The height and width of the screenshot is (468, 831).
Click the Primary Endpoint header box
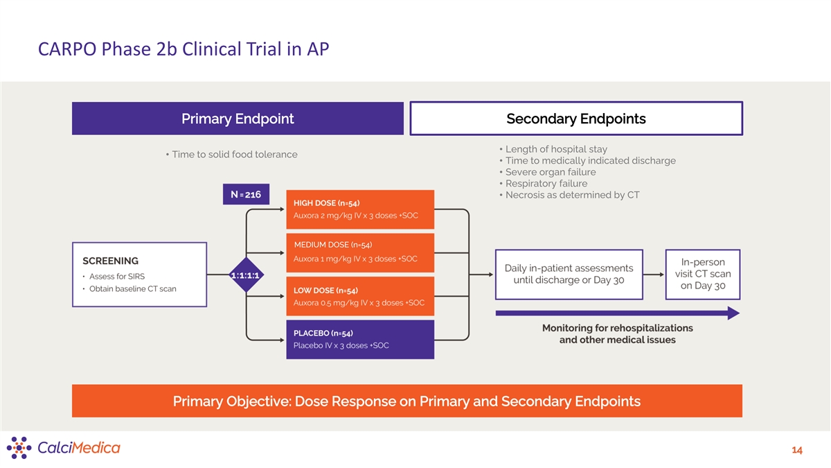click(238, 119)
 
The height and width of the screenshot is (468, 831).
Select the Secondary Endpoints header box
click(576, 119)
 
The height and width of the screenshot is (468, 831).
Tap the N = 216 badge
click(246, 195)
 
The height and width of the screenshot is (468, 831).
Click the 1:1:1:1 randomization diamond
click(247, 275)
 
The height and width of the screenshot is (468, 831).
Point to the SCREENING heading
click(111, 261)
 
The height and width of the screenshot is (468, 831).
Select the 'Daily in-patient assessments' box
click(569, 274)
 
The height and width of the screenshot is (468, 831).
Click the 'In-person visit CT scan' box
click(703, 274)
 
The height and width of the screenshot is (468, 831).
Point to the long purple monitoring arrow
click(616, 313)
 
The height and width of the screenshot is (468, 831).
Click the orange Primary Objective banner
click(406, 401)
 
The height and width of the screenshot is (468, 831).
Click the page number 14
click(796, 451)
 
